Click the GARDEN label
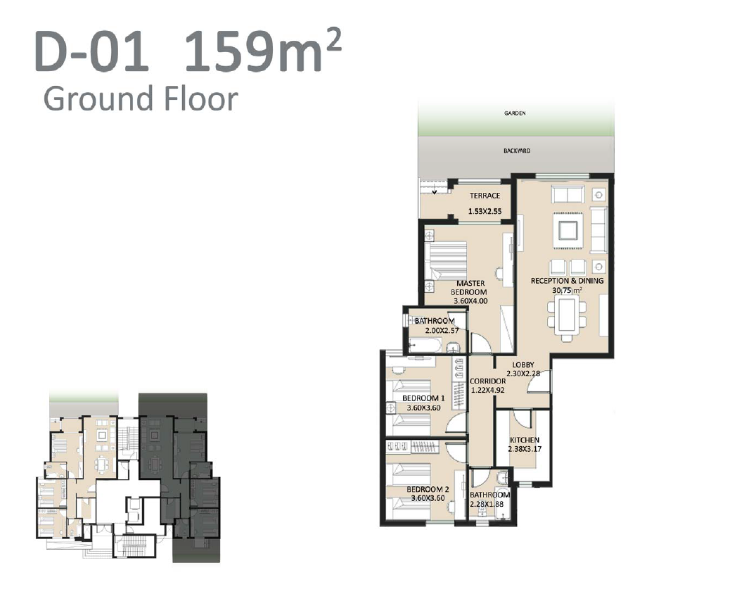point(515,113)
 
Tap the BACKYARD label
point(517,151)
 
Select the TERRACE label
point(485,196)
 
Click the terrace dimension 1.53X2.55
point(485,212)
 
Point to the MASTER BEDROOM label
point(470,287)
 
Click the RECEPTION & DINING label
point(567,281)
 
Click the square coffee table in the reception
point(568,230)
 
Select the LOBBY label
point(523,365)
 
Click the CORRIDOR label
point(488,381)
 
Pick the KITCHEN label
point(525,440)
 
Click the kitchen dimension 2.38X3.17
point(525,449)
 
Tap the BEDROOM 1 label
point(423,398)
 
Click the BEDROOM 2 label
point(428,490)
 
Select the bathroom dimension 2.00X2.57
point(442,331)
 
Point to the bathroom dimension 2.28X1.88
point(487,504)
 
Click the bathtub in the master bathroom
point(425,347)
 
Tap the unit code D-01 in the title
point(91,51)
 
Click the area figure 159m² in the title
point(262,50)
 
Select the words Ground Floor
point(141,98)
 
